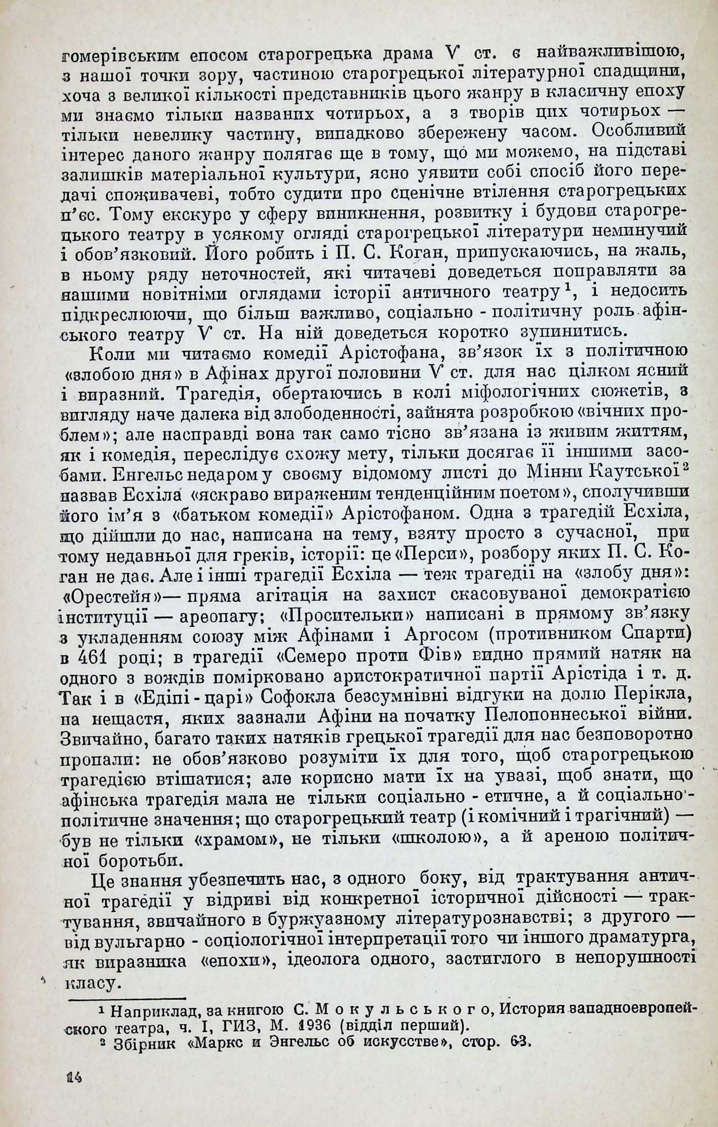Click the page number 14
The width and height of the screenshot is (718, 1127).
click(75, 1101)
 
